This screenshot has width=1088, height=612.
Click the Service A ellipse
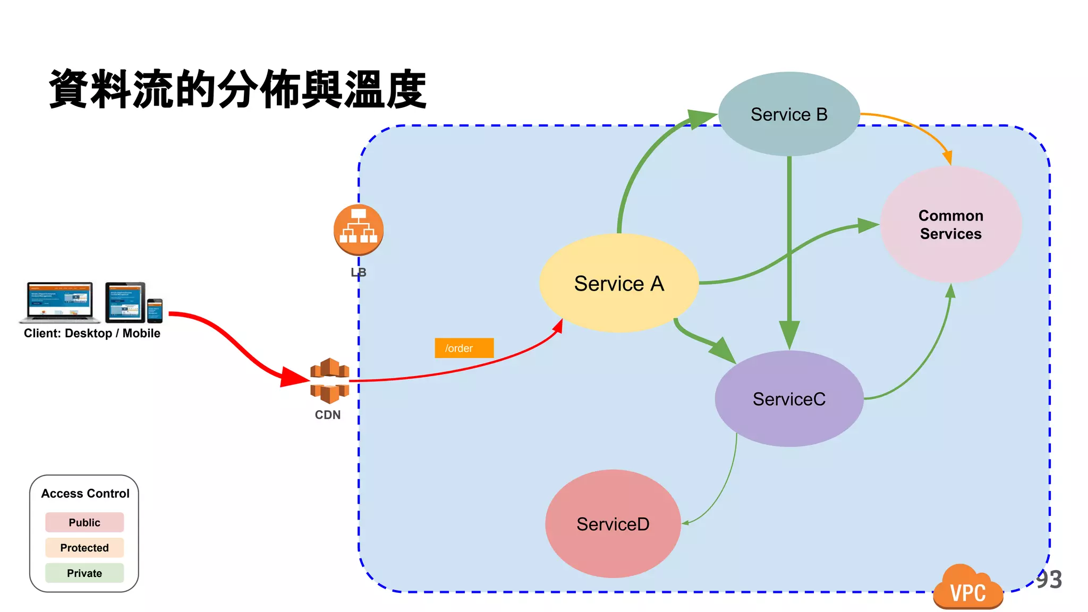pos(618,283)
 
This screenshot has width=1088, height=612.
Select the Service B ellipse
pos(789,114)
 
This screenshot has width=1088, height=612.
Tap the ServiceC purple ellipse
pos(789,398)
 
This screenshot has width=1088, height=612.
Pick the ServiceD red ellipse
pos(613,524)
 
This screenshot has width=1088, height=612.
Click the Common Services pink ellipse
pos(950,224)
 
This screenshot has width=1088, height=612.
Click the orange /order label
pos(464,348)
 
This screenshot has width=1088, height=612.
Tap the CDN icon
pos(329,380)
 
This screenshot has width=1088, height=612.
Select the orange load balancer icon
pos(359,229)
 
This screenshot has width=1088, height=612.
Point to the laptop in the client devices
pos(59,302)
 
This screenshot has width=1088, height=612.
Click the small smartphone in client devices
pos(155,311)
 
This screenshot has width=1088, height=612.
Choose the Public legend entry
pos(84,522)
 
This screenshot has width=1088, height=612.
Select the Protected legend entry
pos(84,548)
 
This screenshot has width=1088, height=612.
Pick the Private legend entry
pos(84,573)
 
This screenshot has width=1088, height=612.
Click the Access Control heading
pos(85,494)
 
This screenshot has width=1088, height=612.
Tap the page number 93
pos(1049,579)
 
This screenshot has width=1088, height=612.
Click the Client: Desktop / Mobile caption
pos(92,333)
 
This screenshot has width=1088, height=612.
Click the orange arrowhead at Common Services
pos(947,158)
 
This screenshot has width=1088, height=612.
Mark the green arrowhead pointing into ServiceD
pos(686,523)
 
